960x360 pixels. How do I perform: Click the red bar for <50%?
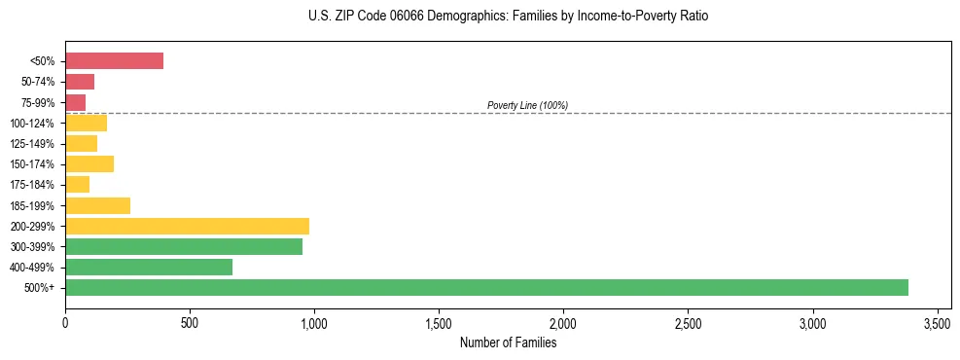click(114, 61)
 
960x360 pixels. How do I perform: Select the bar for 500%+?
click(486, 287)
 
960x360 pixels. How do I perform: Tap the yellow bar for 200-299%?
click(187, 226)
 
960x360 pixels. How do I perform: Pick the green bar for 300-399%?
click(184, 246)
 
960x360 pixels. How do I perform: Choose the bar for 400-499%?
click(149, 267)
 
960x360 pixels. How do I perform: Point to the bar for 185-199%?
click(97, 205)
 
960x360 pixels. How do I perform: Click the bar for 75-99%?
click(76, 102)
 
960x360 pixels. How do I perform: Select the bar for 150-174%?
click(89, 163)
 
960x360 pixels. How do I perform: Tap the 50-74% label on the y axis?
click(37, 82)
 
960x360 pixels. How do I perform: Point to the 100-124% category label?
click(32, 124)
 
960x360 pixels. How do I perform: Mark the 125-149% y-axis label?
click(32, 144)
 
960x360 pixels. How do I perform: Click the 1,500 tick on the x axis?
click(439, 322)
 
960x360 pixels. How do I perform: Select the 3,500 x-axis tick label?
click(937, 322)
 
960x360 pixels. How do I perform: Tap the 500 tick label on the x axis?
click(190, 322)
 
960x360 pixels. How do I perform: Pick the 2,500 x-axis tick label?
click(688, 322)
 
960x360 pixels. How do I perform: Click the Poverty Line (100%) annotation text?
click(527, 105)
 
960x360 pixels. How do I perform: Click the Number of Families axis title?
click(508, 342)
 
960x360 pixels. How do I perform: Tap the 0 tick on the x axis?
click(65, 322)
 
